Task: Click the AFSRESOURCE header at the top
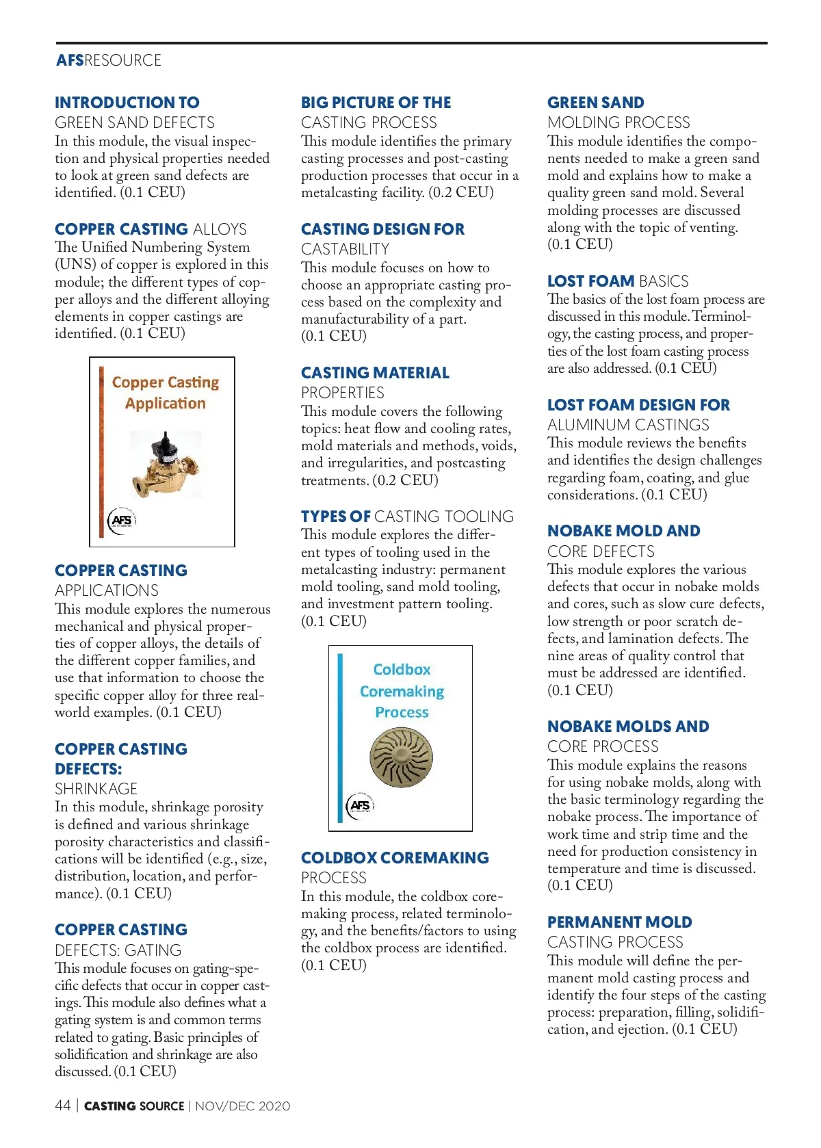tap(109, 60)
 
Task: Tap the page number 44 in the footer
tap(62, 1106)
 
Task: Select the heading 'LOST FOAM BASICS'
tap(617, 281)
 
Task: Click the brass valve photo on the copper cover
tap(165, 464)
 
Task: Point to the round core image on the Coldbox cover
tap(401, 756)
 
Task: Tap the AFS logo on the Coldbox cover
tap(360, 805)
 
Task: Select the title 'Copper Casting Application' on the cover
tap(165, 393)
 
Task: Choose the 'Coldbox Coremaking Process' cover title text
tap(402, 690)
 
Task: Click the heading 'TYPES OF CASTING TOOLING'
tap(407, 517)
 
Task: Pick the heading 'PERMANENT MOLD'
tap(619, 922)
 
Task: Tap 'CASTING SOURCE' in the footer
tap(134, 1106)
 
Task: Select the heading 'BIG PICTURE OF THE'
tap(376, 103)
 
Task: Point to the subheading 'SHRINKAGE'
tap(96, 789)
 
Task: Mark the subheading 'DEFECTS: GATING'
tap(118, 950)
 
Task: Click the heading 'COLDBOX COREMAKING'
tap(395, 858)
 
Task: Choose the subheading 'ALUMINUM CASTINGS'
tap(628, 425)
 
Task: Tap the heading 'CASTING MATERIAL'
tap(375, 373)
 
